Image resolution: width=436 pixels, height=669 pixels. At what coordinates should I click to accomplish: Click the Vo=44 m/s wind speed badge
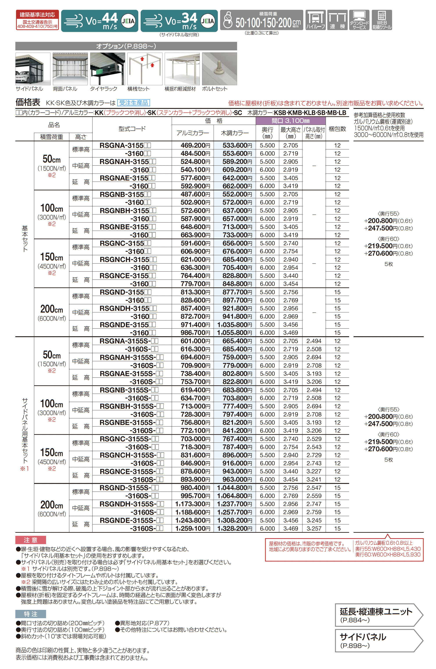point(99,21)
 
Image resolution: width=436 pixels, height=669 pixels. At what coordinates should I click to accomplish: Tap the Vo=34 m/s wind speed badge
point(179,21)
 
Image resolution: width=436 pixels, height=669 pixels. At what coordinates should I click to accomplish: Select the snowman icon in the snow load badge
point(227,20)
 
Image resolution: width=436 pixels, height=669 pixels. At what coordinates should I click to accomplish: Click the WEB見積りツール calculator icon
point(382,20)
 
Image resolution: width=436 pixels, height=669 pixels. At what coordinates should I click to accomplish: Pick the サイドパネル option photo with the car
point(33,69)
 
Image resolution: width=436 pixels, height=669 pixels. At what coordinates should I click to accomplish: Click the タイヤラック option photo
point(107,69)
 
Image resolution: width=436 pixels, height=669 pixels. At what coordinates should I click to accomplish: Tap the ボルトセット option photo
point(219,69)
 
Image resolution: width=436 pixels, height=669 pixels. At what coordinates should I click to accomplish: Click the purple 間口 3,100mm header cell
point(290,121)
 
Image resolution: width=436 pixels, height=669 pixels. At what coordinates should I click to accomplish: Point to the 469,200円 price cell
point(195,145)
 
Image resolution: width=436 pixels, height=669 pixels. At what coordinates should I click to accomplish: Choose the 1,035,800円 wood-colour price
point(234,325)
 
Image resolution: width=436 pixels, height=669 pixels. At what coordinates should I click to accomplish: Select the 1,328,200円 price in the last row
point(234,528)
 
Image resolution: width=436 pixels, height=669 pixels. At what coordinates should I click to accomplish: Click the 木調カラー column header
point(234,133)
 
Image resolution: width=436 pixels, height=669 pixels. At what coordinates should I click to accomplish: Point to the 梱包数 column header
point(337,129)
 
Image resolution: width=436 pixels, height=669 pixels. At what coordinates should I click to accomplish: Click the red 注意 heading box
point(30,540)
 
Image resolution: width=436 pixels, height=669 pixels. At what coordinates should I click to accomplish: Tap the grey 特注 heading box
point(30,614)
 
